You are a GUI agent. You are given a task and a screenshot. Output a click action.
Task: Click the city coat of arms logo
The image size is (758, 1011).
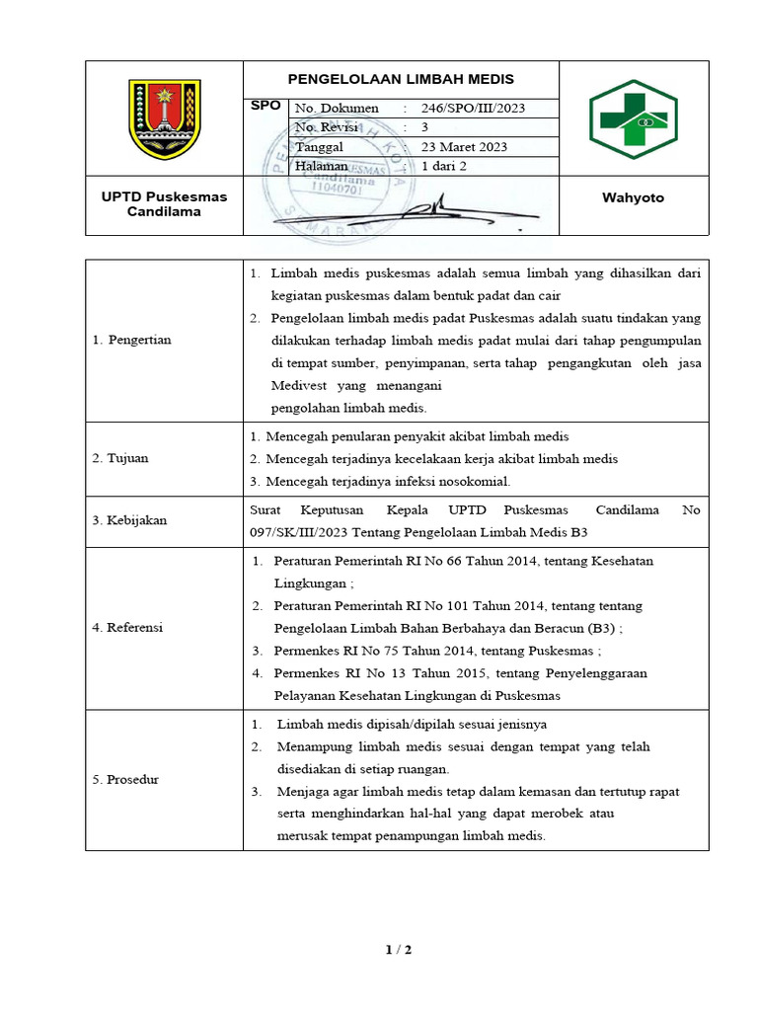pos(165,118)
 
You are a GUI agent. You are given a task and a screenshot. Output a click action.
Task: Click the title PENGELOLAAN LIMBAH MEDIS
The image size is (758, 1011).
pos(401,80)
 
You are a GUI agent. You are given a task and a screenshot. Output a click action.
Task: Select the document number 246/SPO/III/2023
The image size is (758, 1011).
pos(474,109)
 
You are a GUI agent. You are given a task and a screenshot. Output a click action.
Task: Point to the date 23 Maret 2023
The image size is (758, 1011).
pos(464,147)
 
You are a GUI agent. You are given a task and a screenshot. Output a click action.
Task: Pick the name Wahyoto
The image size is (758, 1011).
pos(633,198)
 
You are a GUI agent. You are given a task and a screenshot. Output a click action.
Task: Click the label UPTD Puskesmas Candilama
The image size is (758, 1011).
pos(164,204)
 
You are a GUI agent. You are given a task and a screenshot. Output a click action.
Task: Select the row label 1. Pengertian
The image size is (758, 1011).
pos(131,340)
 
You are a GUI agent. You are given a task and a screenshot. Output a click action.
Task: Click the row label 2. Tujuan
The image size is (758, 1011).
pos(120,458)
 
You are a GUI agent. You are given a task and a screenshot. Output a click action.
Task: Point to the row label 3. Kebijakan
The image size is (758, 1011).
pos(129,520)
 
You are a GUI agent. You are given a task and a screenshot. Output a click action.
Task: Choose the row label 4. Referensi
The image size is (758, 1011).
pos(127,627)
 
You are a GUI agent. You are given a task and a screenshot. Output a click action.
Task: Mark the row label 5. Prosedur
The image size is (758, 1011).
pos(125,780)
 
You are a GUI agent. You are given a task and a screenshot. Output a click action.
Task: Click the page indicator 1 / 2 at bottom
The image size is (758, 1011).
pos(398,951)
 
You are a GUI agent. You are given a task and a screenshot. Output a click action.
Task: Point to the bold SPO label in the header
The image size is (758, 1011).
pos(266,105)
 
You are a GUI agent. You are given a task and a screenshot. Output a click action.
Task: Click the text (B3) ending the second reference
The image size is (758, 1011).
pos(600,628)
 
